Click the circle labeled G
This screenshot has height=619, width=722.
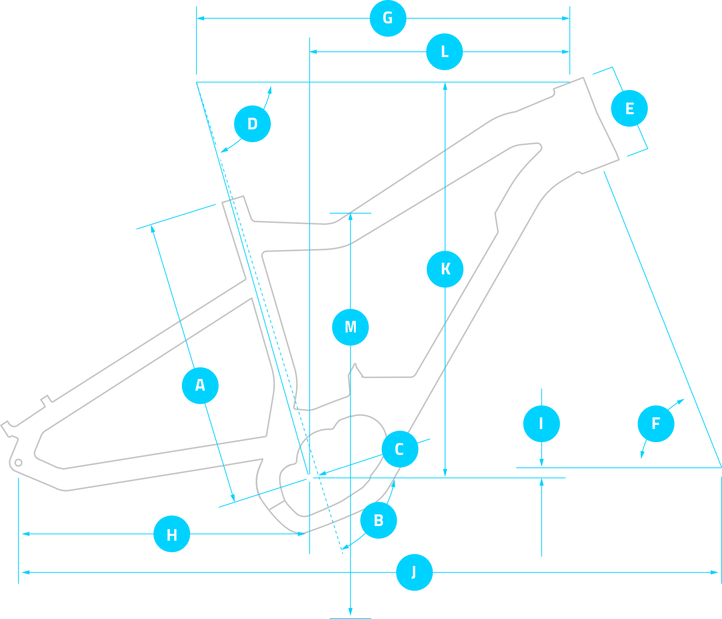pos(388,18)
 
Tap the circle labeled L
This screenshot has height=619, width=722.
pos(444,52)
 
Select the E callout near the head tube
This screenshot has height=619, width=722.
pos(629,108)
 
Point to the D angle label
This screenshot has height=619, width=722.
pos(252,124)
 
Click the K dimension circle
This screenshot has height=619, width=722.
pos(445,269)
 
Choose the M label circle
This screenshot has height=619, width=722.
pos(350,327)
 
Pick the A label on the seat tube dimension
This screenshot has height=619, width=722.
pos(200,386)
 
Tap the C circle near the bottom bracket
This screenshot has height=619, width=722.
pos(399,449)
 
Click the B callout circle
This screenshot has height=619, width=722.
pos(378,520)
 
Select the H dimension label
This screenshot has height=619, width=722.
pos(172,534)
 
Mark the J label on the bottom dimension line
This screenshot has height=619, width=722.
pos(414,572)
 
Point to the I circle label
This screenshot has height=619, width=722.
pos(541,423)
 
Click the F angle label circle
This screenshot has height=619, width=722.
pos(656,423)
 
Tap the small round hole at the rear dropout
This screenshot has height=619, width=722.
pos(18,462)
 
